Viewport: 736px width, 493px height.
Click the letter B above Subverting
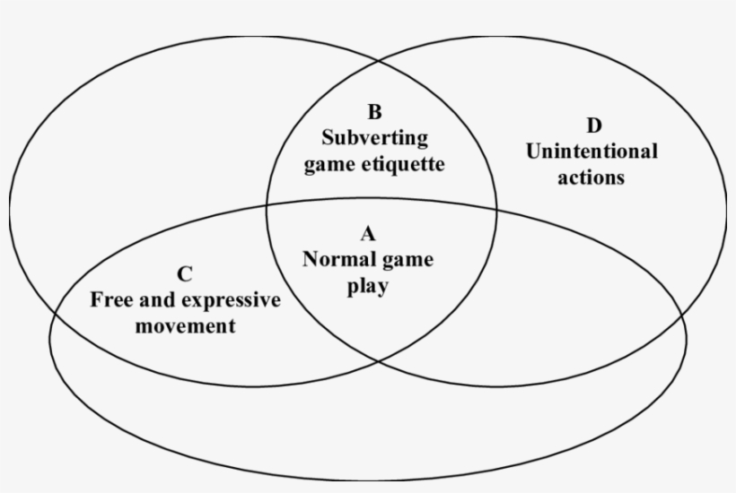374,112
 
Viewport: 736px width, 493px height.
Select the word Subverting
374,138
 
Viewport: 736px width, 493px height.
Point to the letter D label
594,125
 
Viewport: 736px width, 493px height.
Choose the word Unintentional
591,151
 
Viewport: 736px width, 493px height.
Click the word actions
591,177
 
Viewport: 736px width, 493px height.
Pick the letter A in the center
368,234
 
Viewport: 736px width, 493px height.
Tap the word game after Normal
407,261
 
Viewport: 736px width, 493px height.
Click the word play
368,287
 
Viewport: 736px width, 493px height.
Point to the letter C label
185,274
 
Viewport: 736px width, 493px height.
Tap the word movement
186,326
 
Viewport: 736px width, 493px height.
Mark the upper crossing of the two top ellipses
379,60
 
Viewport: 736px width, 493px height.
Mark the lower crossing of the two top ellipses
379,361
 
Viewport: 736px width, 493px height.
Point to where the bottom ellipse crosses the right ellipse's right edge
681,317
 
